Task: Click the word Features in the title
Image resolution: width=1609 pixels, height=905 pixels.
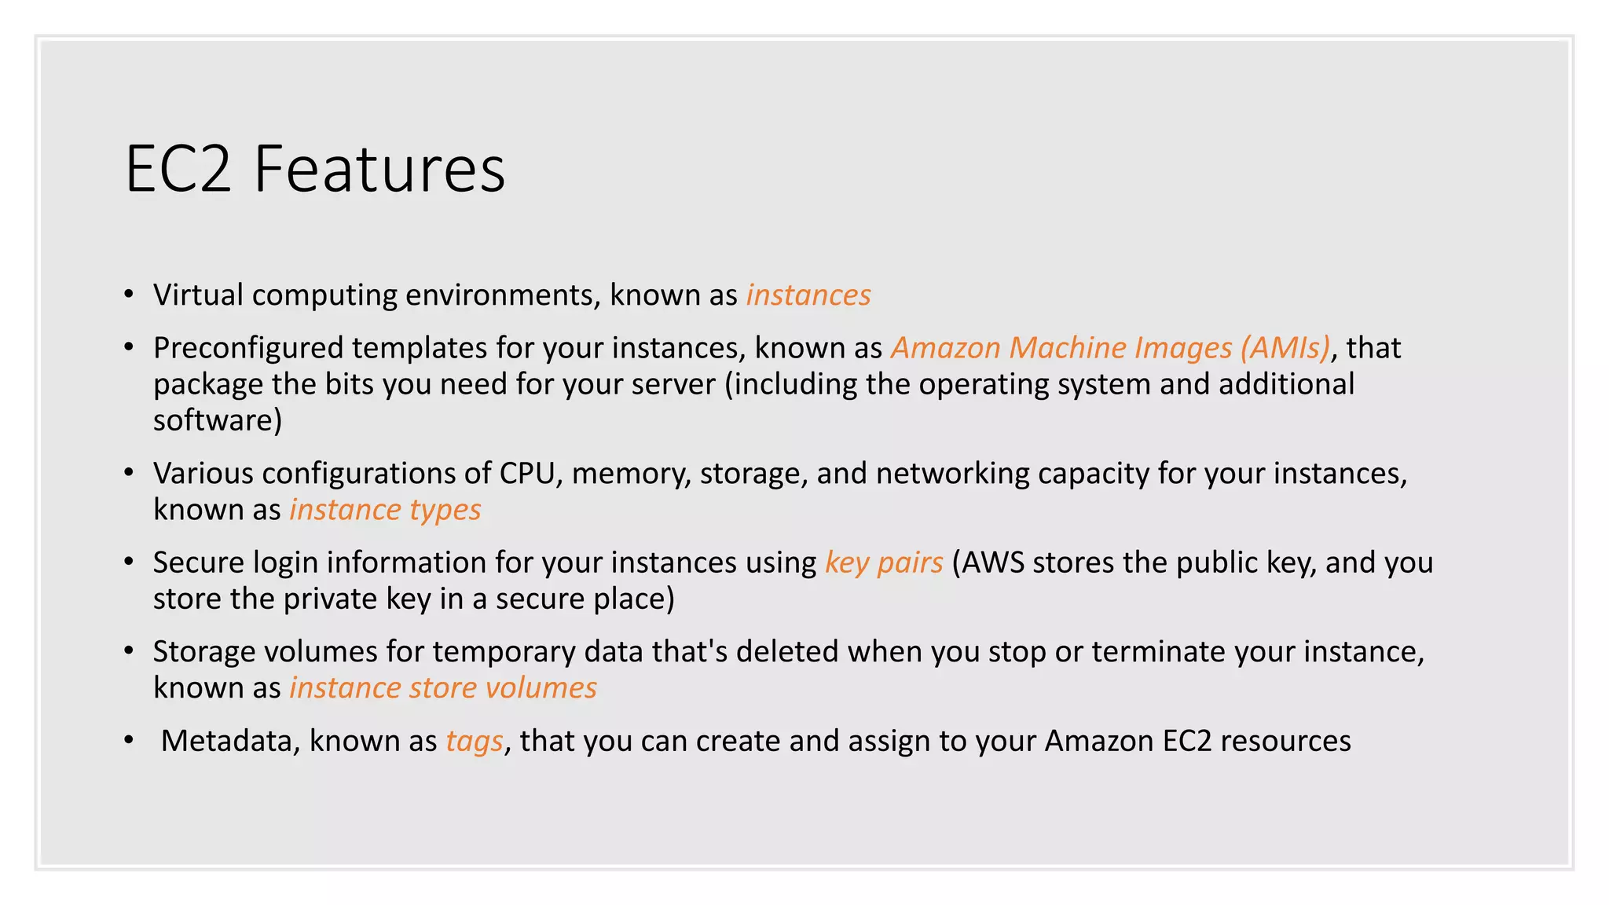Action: (379, 169)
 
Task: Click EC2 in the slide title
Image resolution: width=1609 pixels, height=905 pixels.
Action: (178, 169)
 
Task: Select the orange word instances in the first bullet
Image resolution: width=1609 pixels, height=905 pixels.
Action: (808, 295)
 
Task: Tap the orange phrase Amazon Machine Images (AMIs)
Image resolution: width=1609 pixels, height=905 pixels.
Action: (1110, 348)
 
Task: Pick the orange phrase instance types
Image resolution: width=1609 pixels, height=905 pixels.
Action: (385, 510)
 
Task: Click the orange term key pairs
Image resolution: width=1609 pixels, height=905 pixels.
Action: (884, 562)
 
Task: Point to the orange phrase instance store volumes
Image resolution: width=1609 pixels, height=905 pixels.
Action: (443, 688)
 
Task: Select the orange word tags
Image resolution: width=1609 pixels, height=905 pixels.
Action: (475, 741)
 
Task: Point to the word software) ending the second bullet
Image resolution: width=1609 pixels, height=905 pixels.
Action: (218, 420)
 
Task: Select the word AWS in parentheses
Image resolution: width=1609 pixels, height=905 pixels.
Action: (993, 562)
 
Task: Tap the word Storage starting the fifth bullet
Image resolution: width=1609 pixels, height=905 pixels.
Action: (203, 652)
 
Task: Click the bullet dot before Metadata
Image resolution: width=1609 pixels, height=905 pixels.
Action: (129, 741)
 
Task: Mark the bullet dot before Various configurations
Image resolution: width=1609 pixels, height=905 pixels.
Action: (129, 473)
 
